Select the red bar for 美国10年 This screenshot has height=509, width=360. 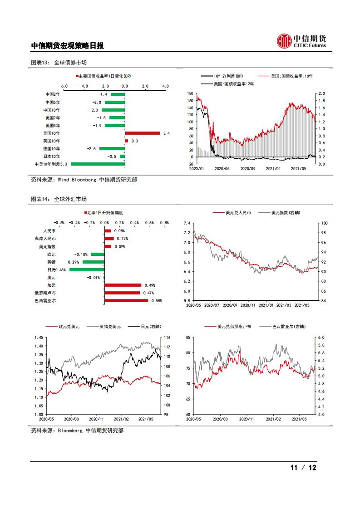click(142, 133)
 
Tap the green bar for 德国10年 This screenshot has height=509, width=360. click(112, 148)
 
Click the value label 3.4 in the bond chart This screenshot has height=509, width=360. click(166, 133)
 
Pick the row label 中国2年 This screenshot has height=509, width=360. click(53, 94)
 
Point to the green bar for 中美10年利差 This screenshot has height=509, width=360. click(98, 164)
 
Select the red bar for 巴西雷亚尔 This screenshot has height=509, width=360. click(126, 300)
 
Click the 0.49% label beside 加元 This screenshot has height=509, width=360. click(149, 285)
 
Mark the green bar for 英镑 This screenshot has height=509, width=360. click(93, 262)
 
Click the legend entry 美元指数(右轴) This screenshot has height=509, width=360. click(286, 212)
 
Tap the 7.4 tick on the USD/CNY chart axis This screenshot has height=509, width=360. click(187, 223)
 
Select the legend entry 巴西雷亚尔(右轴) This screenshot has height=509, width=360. click(289, 326)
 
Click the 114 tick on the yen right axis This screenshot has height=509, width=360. click(167, 338)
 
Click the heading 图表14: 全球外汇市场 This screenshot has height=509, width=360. click(59, 199)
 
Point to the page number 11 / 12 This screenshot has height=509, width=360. click(303, 468)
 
